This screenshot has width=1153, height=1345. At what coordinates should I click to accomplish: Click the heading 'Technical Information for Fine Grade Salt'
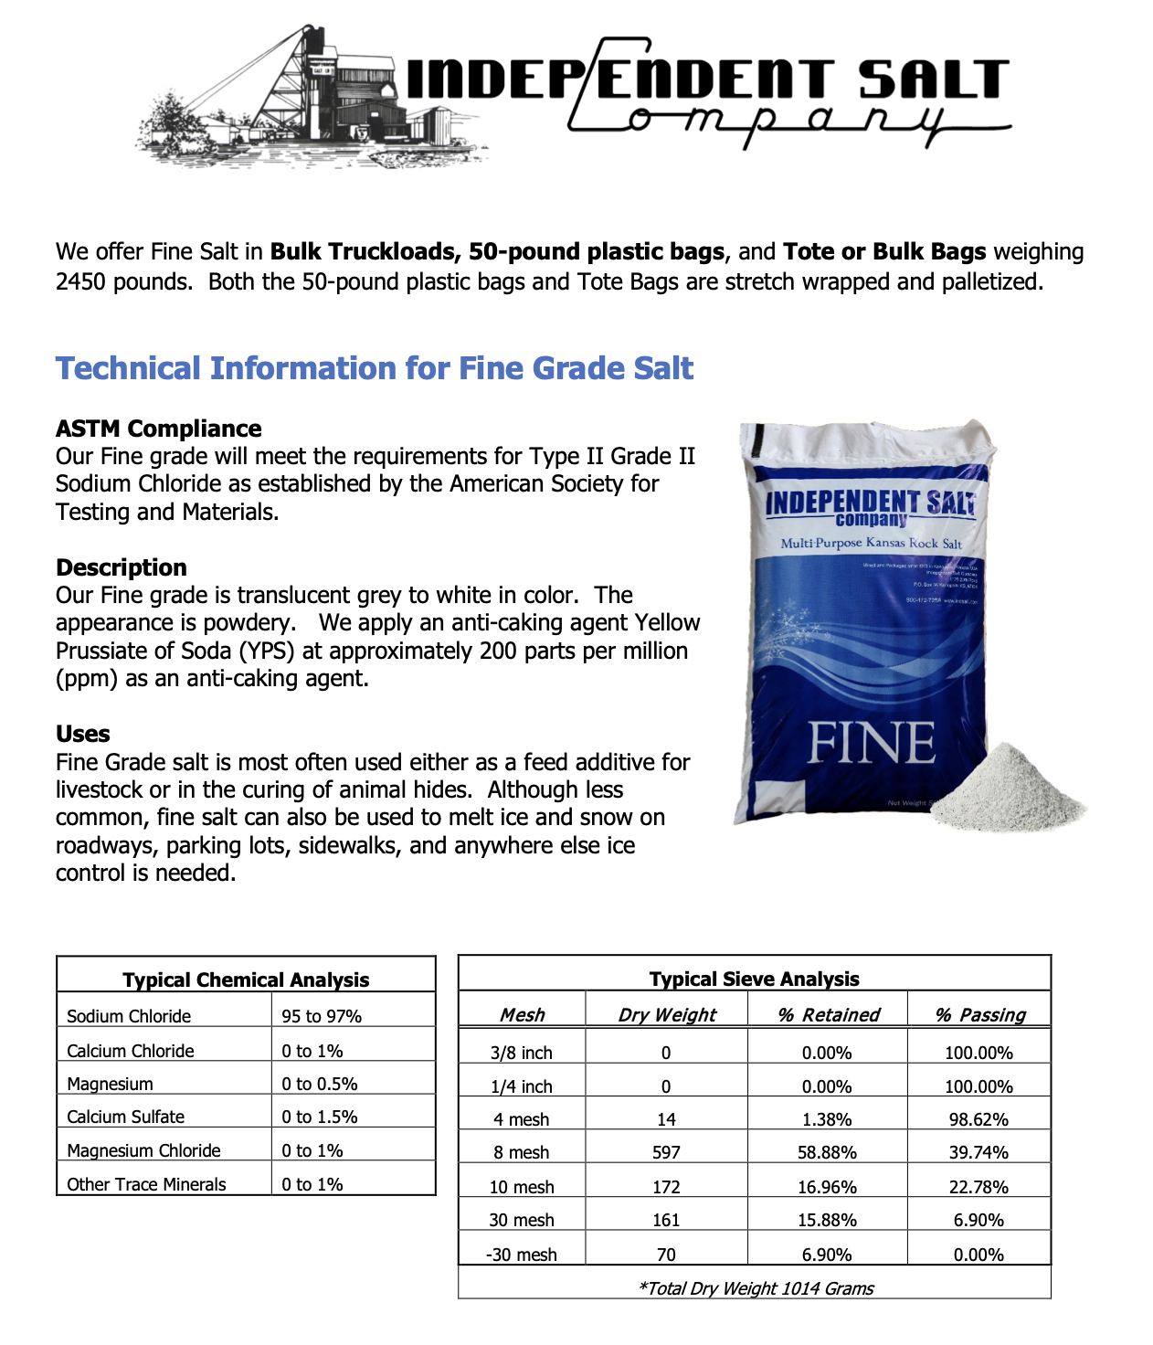click(x=375, y=368)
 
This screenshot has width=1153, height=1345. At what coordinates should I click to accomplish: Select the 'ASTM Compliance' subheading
click(x=158, y=429)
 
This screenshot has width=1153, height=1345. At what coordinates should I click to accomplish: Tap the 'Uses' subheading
click(x=82, y=734)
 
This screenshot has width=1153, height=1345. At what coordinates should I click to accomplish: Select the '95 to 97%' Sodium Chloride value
click(x=322, y=1016)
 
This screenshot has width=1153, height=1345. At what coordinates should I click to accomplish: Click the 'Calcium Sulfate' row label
click(x=125, y=1117)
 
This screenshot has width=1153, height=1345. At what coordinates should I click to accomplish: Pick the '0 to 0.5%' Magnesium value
click(x=320, y=1084)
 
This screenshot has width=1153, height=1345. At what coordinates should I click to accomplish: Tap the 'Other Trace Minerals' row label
click(x=146, y=1184)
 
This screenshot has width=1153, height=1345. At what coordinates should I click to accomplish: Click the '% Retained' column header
click(x=828, y=1014)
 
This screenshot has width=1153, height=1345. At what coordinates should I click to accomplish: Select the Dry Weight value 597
click(x=666, y=1152)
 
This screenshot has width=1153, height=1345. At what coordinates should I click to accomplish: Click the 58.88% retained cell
click(x=827, y=1152)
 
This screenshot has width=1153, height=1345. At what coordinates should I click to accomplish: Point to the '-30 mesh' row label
click(x=522, y=1255)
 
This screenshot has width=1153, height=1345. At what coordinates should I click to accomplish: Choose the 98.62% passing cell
click(x=978, y=1119)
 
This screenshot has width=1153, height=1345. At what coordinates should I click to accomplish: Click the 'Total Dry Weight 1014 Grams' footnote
click(x=756, y=1288)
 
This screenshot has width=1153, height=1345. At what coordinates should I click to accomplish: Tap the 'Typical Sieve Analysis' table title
click(x=754, y=979)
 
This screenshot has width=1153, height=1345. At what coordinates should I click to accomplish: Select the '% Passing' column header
click(x=979, y=1014)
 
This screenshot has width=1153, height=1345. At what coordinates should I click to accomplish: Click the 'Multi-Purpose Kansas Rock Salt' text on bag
click(x=871, y=543)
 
